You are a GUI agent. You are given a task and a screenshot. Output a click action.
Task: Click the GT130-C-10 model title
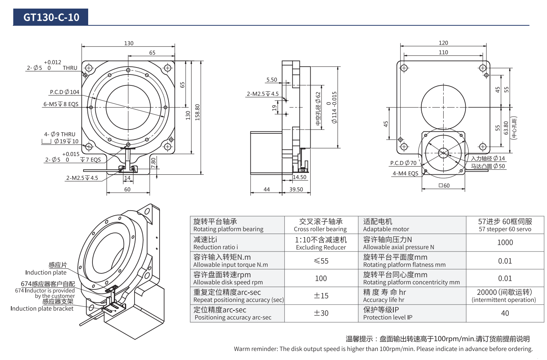51,17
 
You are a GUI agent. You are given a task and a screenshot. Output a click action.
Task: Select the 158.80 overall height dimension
197,112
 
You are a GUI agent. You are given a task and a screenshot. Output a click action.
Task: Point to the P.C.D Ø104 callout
64,92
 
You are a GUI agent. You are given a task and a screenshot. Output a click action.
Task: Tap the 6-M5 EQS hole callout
61,104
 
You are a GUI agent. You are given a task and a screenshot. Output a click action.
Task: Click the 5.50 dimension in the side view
272,80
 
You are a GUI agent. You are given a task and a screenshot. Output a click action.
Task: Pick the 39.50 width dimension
296,190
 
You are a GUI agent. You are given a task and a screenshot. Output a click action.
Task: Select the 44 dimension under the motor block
266,190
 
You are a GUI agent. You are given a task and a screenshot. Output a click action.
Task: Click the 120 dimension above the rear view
443,43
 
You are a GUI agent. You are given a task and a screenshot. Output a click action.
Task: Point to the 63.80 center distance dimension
506,128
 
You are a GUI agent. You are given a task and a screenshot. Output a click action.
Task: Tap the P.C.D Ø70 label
403,163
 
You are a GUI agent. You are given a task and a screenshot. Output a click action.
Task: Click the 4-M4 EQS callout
405,174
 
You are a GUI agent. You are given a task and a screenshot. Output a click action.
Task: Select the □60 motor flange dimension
444,186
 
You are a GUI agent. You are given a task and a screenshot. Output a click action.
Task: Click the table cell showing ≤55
321,261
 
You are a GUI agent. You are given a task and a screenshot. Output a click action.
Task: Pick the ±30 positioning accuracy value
321,313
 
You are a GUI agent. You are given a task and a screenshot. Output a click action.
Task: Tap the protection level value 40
505,313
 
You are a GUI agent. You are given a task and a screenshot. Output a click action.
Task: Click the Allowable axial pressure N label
398,247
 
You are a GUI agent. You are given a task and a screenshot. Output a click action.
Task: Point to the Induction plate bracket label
42,309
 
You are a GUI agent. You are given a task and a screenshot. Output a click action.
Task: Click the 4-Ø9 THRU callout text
60,134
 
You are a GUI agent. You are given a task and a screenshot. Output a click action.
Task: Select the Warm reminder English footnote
383,349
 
